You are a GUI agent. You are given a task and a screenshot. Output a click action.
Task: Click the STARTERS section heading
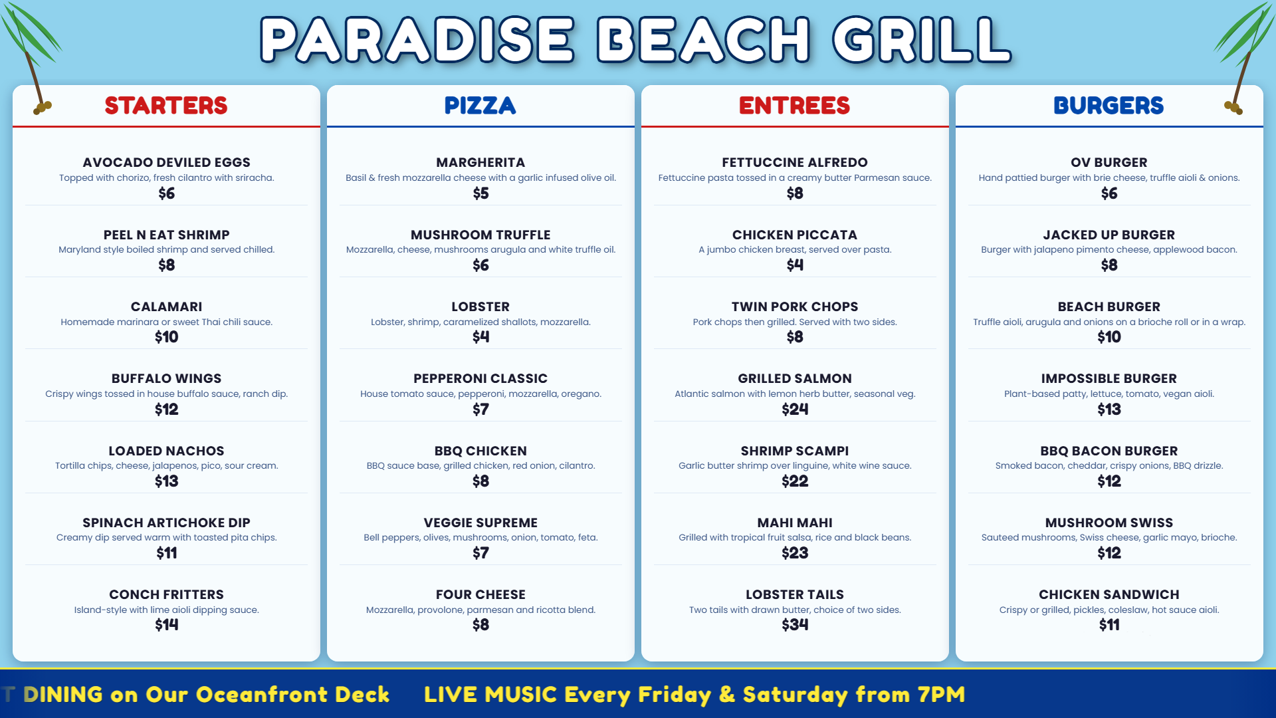(166, 106)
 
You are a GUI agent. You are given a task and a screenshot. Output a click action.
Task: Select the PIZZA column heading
(480, 106)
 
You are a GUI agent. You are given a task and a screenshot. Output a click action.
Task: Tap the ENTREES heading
(794, 106)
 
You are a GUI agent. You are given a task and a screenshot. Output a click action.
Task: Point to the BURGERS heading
(1109, 106)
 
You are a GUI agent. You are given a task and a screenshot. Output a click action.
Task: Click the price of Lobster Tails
(795, 625)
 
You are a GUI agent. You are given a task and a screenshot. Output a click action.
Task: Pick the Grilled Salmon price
(795, 410)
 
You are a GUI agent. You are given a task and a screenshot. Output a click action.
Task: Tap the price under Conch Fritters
(166, 625)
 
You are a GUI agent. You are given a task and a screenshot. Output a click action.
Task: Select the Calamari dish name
(166, 306)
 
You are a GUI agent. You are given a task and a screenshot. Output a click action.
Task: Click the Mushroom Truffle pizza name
(480, 235)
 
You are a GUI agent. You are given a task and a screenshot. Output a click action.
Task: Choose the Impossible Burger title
(1109, 378)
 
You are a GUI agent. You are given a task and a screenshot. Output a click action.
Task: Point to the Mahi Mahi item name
(795, 523)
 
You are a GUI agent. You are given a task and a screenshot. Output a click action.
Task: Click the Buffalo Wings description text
(166, 394)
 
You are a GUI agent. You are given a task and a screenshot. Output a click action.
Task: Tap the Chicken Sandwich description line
(1109, 610)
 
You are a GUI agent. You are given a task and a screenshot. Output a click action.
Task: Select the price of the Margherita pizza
(480, 193)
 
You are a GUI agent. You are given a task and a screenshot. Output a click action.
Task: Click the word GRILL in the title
(921, 40)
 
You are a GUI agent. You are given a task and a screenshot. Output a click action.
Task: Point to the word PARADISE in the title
(417, 40)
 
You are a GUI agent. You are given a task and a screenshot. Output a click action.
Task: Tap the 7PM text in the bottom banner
(941, 695)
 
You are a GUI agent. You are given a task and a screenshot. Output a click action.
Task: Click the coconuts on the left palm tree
(43, 107)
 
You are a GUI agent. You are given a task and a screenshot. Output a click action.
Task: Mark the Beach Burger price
(1109, 337)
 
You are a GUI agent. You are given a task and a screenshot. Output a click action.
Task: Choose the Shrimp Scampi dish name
(795, 451)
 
